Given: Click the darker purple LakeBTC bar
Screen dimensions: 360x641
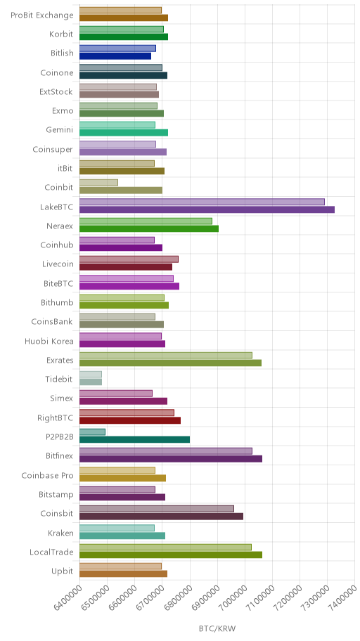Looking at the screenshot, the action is pyautogui.click(x=207, y=209).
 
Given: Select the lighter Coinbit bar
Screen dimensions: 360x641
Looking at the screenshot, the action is pyautogui.click(x=98, y=182).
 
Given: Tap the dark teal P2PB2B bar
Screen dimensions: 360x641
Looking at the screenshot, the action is pyautogui.click(x=134, y=439).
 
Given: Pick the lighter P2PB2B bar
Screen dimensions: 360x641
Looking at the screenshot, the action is pyautogui.click(x=92, y=432).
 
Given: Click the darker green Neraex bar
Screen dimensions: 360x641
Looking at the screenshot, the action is pyautogui.click(x=149, y=228).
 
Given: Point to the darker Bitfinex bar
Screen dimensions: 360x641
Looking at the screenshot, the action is pyautogui.click(x=171, y=459).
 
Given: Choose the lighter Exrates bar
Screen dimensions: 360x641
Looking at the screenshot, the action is pyautogui.click(x=166, y=355).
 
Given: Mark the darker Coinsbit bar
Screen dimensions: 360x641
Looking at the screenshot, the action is pyautogui.click(x=161, y=517).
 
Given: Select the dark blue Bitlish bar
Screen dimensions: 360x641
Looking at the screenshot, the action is pyautogui.click(x=115, y=56).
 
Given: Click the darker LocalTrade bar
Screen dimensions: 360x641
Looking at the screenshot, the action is pyautogui.click(x=171, y=555).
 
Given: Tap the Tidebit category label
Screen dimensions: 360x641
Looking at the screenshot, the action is pyautogui.click(x=59, y=379).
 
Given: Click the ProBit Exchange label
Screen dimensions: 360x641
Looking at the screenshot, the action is pyautogui.click(x=42, y=15).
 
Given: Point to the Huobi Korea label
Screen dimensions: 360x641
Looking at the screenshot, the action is pyautogui.click(x=49, y=341).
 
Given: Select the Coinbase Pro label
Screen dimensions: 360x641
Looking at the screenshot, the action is pyautogui.click(x=47, y=475).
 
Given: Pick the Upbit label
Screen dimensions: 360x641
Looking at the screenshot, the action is pyautogui.click(x=62, y=571).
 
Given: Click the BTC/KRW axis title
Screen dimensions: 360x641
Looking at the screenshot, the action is pyautogui.click(x=217, y=628).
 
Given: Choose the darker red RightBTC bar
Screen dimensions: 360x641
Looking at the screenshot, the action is pyautogui.click(x=130, y=420).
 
